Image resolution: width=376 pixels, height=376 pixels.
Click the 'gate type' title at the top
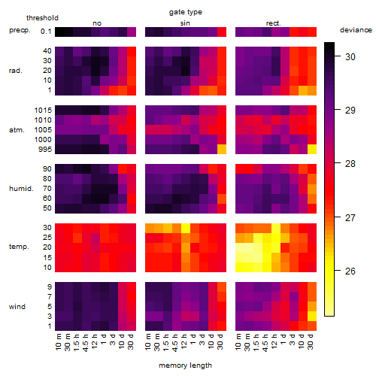click(x=186, y=12)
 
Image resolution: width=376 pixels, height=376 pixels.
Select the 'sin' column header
click(x=185, y=23)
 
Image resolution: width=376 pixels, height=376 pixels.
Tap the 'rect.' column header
click(x=274, y=23)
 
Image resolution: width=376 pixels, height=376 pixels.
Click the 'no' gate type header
click(x=97, y=23)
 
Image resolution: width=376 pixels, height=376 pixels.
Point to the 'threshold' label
click(x=42, y=18)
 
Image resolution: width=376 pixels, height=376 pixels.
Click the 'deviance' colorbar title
click(x=356, y=30)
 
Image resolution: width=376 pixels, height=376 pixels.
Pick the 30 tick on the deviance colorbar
click(x=350, y=57)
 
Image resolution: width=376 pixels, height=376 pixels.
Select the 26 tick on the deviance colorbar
click(x=350, y=271)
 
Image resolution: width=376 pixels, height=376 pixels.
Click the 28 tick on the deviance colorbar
click(x=350, y=164)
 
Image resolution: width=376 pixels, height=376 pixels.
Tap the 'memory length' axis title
click(x=185, y=365)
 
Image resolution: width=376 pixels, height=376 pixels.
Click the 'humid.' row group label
click(x=21, y=189)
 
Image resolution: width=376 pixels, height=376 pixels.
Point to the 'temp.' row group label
click(x=19, y=247)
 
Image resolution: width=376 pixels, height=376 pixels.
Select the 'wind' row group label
click(x=17, y=307)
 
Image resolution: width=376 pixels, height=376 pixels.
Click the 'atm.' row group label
click(x=17, y=130)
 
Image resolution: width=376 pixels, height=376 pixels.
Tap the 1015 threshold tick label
click(x=43, y=111)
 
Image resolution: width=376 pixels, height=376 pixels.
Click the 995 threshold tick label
click(x=45, y=150)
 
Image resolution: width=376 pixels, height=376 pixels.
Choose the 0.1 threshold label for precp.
click(x=46, y=32)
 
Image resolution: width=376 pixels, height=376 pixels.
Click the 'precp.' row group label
click(x=20, y=31)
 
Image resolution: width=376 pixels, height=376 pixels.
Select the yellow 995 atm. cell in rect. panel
click(x=312, y=149)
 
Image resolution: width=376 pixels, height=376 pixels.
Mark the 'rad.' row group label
click(x=16, y=71)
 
